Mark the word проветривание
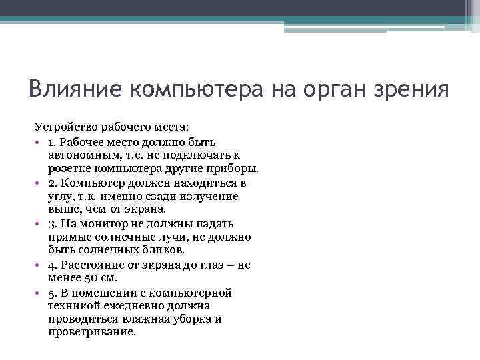pyautogui.click(x=92, y=332)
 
